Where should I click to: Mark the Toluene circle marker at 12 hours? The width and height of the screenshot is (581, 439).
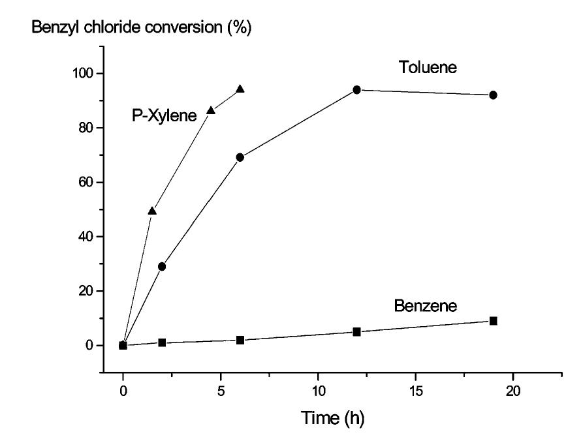pyautogui.click(x=357, y=89)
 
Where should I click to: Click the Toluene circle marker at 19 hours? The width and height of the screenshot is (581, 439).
pyautogui.click(x=494, y=95)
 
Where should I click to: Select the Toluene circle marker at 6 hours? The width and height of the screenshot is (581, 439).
pyautogui.click(x=240, y=157)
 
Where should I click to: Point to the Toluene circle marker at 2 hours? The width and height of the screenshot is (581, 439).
pyautogui.click(x=162, y=266)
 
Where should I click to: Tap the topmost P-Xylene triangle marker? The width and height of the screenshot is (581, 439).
pyautogui.click(x=240, y=89)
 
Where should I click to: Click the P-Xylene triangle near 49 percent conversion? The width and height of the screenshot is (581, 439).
pyautogui.click(x=152, y=211)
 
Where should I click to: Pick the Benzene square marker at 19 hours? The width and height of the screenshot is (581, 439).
pyautogui.click(x=494, y=321)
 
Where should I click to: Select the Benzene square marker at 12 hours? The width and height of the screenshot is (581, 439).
pyautogui.click(x=357, y=332)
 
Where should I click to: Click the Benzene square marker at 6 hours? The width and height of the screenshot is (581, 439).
pyautogui.click(x=240, y=340)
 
